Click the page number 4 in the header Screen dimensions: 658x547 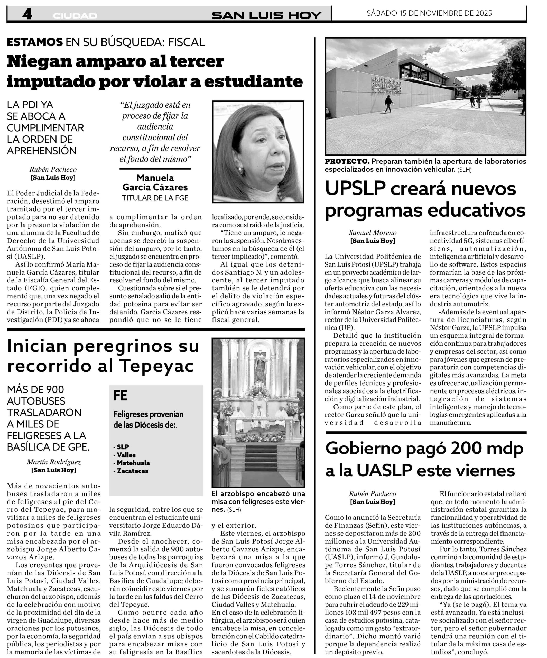[27, 14]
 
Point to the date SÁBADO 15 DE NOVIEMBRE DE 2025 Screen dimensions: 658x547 [429, 13]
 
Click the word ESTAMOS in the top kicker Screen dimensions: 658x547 [35, 42]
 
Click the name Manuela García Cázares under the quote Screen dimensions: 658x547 [155, 182]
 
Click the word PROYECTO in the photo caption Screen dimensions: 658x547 [347, 161]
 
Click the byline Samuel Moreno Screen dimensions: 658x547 [373, 233]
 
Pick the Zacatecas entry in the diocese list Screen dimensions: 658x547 [133, 471]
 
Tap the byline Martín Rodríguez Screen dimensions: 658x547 [54, 462]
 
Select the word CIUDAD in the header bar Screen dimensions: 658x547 [75, 16]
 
